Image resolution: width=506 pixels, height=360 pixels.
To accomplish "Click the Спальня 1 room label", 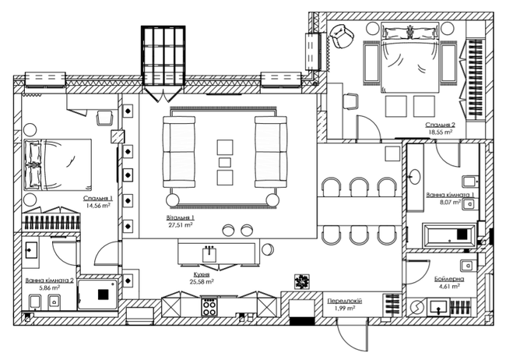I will tap(99, 199).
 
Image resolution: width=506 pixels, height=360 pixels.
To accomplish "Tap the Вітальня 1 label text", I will tap(181, 217).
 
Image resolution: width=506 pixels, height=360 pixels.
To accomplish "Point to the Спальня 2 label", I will tap(440, 124).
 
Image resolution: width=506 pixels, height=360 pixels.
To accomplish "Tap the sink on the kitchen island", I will tap(209, 253).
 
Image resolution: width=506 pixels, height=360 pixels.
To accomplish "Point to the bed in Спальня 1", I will tap(58, 164).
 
